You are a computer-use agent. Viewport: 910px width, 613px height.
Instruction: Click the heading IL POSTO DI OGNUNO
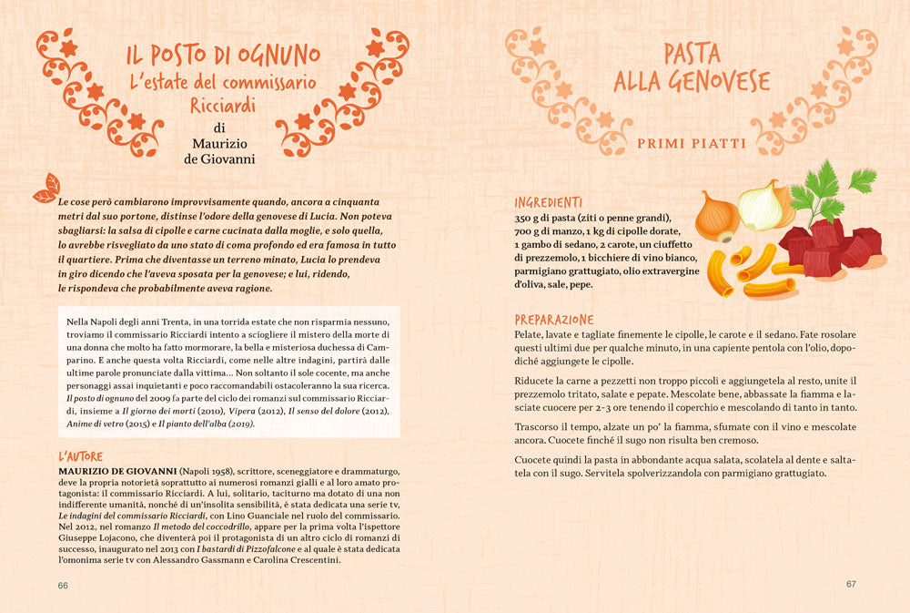coord(223,54)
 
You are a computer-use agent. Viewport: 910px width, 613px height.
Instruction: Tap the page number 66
coord(64,585)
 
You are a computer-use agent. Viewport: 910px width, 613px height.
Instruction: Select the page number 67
coord(851,585)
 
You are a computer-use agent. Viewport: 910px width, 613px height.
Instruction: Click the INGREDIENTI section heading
coord(548,202)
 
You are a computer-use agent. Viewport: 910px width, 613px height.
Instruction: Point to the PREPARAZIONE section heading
coord(553,320)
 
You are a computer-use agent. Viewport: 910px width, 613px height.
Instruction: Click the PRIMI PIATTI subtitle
coord(692,144)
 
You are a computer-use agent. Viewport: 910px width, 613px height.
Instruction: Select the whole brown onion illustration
coord(717,217)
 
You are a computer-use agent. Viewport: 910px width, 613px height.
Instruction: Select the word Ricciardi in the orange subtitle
coord(222,106)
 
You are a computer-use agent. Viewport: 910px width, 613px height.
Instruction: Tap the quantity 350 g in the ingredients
coord(533,218)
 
